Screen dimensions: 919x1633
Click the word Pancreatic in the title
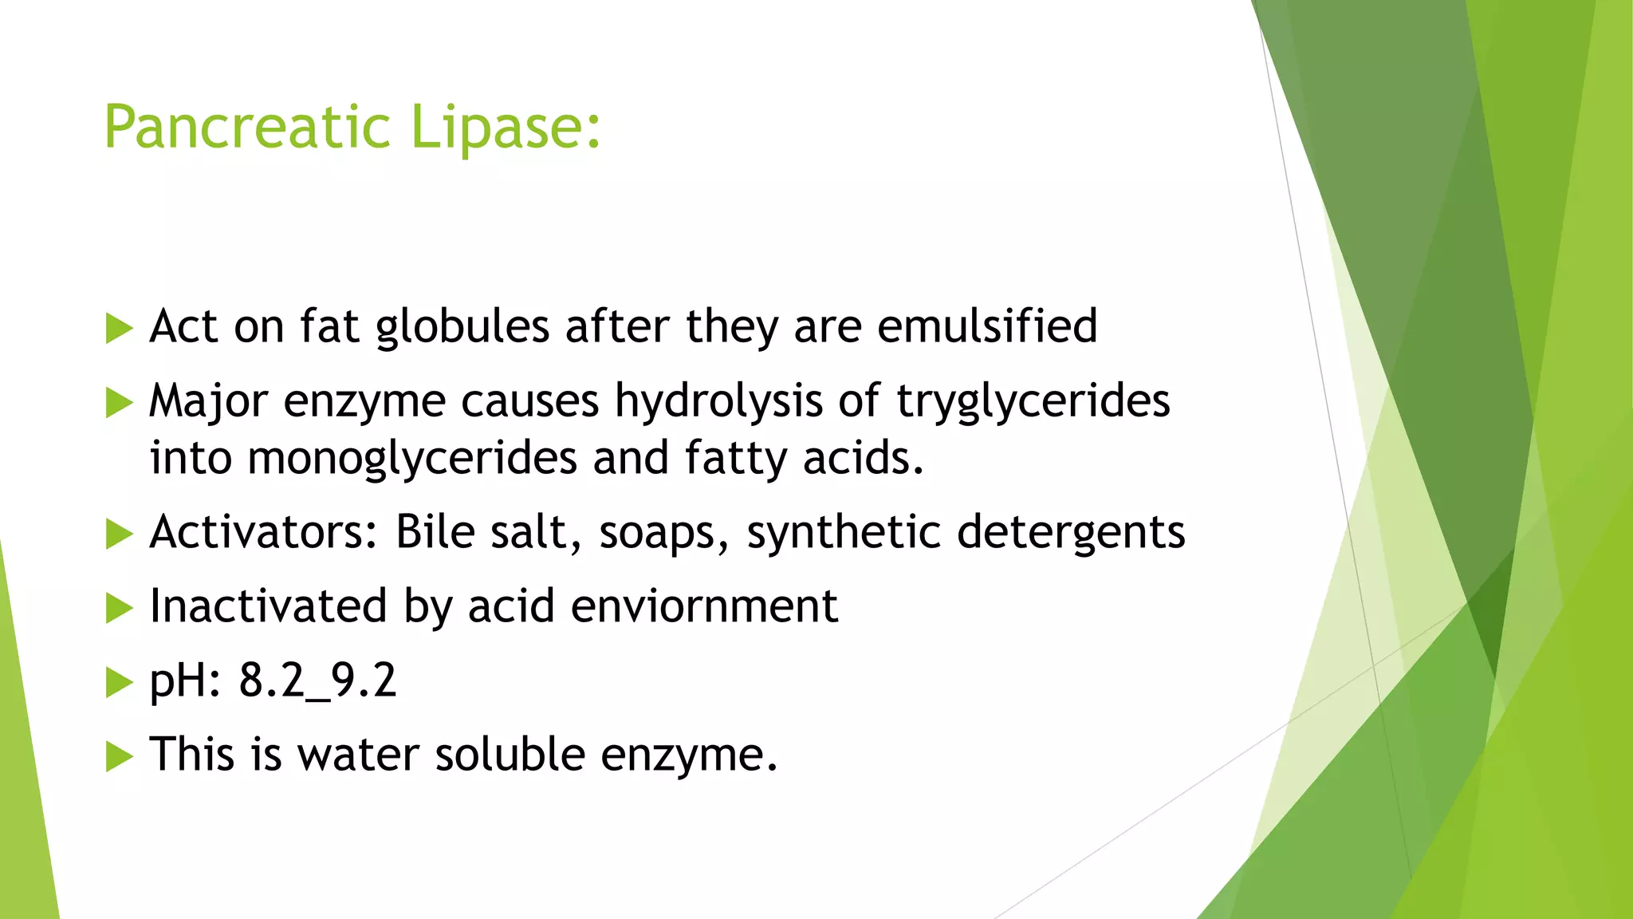pyautogui.click(x=247, y=128)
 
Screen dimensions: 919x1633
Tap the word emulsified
pyautogui.click(x=987, y=326)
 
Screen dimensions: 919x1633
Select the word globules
pyautogui.click(x=462, y=327)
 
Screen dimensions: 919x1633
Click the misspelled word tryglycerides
pyautogui.click(x=1033, y=401)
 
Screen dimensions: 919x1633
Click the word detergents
pyautogui.click(x=1071, y=533)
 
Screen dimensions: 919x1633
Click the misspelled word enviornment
pyautogui.click(x=704, y=605)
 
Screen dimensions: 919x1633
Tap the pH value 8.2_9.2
pyautogui.click(x=317, y=680)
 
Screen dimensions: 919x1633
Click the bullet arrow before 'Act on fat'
pyautogui.click(x=119, y=328)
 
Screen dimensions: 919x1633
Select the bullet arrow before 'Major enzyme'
pyautogui.click(x=119, y=402)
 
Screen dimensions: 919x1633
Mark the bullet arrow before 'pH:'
pyautogui.click(x=119, y=682)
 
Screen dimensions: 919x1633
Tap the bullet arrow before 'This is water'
pyautogui.click(x=119, y=755)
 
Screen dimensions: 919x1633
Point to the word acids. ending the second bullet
pyautogui.click(x=864, y=458)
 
